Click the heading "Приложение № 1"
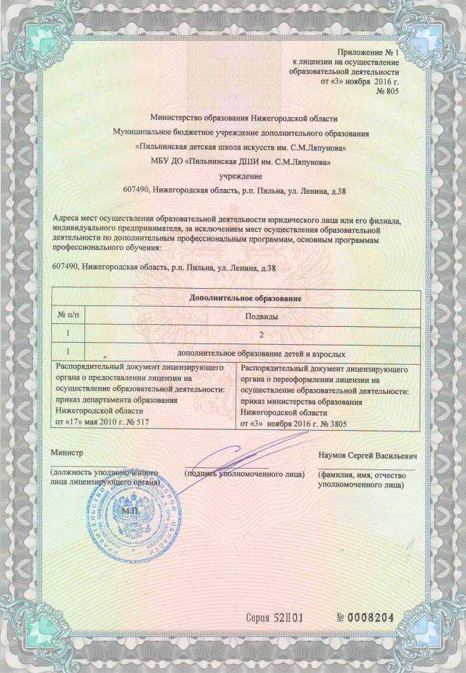[368, 53]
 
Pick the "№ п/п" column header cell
[68, 316]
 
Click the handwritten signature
[235, 457]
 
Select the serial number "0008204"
[369, 617]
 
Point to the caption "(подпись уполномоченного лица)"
[244, 474]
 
